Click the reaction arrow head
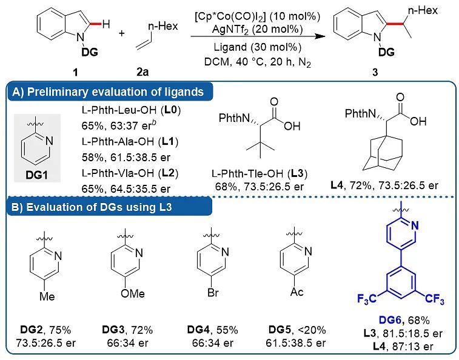[321, 36]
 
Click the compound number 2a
[142, 72]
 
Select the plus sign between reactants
[121, 33]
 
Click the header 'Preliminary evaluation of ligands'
[115, 92]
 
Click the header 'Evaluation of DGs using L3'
[99, 207]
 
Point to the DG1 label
[36, 175]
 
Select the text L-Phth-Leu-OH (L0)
[131, 110]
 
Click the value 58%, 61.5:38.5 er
[126, 158]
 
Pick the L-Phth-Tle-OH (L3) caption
[260, 173]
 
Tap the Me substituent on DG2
[47, 296]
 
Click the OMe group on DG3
[133, 293]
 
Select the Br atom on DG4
[213, 292]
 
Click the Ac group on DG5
[297, 292]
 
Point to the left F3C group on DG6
[367, 299]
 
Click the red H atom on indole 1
[106, 24]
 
